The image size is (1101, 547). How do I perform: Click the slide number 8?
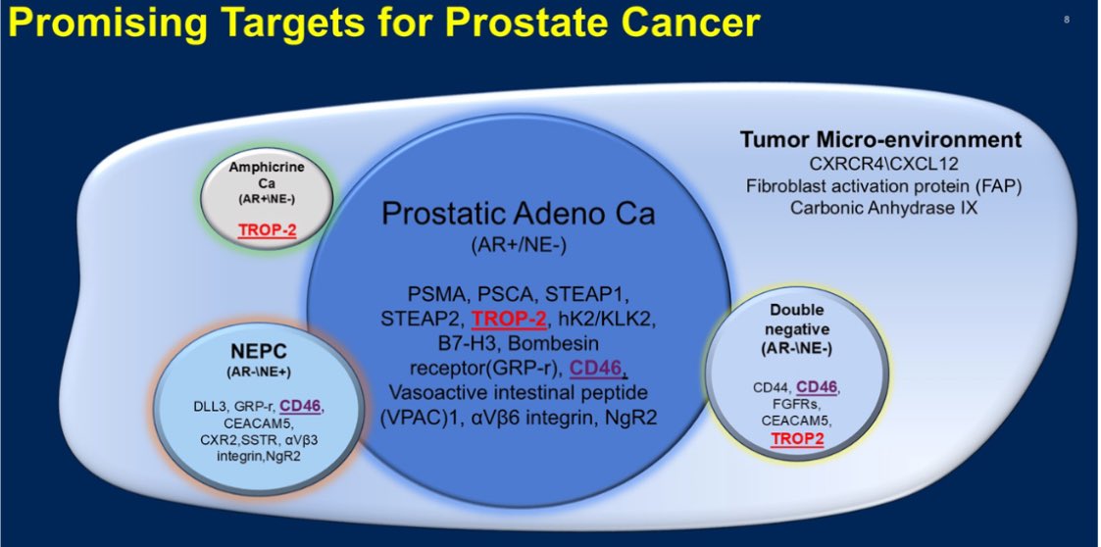coord(1067,20)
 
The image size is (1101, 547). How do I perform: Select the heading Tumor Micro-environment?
coord(880,140)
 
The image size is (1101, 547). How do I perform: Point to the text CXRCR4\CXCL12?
coord(883,165)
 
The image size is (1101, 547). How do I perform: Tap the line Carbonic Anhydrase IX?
coord(883,209)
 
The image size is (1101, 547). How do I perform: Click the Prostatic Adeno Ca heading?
coord(519,213)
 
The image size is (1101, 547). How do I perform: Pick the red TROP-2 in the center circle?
coord(509,319)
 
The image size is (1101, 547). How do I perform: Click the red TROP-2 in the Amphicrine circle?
coord(267,230)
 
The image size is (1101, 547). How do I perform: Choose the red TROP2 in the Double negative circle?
coord(797,439)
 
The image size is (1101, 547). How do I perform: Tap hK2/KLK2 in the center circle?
coord(604,319)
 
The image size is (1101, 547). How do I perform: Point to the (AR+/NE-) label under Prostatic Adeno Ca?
coord(519,246)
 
